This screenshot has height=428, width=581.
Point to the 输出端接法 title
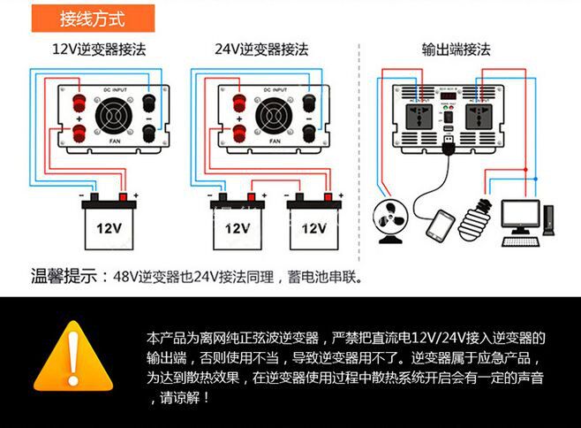pos(456,50)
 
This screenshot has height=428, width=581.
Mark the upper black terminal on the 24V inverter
pos(310,102)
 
